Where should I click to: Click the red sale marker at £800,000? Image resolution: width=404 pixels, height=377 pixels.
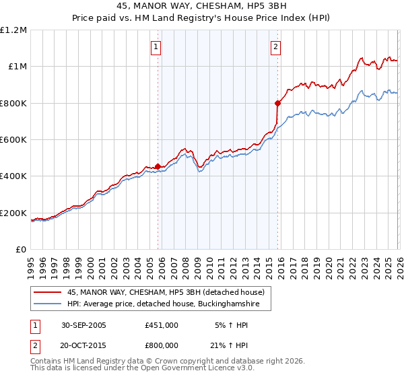[x=277, y=103]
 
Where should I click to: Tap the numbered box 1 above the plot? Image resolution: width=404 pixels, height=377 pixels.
[x=156, y=47]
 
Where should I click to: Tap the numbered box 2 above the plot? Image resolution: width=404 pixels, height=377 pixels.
[x=276, y=47]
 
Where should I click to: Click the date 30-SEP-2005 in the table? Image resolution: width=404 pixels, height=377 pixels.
[x=80, y=326]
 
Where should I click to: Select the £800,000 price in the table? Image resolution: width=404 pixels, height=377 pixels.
[x=162, y=345]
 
